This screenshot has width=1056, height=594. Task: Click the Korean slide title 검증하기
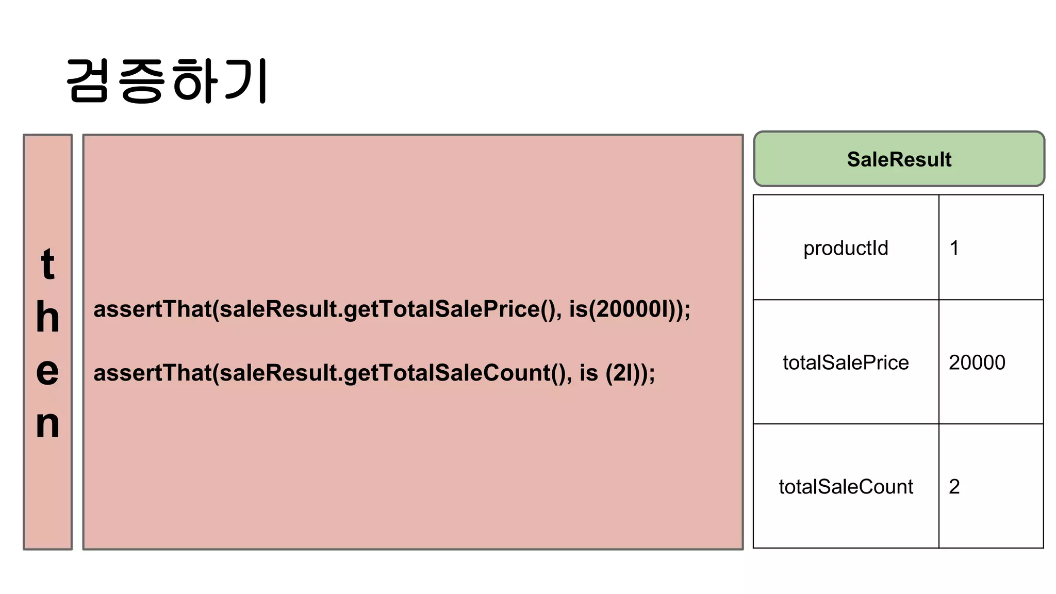(x=167, y=81)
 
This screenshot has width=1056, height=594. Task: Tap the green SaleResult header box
(x=899, y=159)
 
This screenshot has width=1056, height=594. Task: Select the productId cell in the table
(x=846, y=248)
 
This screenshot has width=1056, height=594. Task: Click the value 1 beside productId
(x=954, y=248)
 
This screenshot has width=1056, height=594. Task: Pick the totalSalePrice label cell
(x=846, y=362)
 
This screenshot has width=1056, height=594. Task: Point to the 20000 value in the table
(x=977, y=362)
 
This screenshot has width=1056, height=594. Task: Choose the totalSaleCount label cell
(x=846, y=487)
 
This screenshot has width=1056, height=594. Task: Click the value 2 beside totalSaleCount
(x=954, y=487)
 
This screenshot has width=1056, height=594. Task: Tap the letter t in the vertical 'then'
(x=47, y=264)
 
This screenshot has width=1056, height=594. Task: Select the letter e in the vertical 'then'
(x=47, y=371)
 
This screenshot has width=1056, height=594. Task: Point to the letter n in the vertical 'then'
(x=47, y=424)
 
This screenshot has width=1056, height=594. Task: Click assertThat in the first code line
(x=153, y=309)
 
